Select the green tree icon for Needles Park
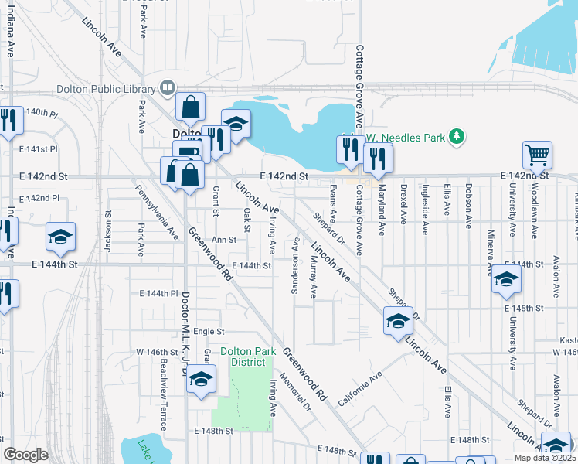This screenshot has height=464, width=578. point(457,137)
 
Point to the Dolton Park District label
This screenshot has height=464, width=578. point(248,357)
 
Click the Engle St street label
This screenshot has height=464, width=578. point(208,331)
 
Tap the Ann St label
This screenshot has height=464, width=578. point(223,240)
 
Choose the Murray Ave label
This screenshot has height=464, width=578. point(313,279)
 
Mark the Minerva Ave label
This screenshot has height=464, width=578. point(490,252)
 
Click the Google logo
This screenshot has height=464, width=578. point(26,455)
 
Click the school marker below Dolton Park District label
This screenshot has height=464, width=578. point(201,381)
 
